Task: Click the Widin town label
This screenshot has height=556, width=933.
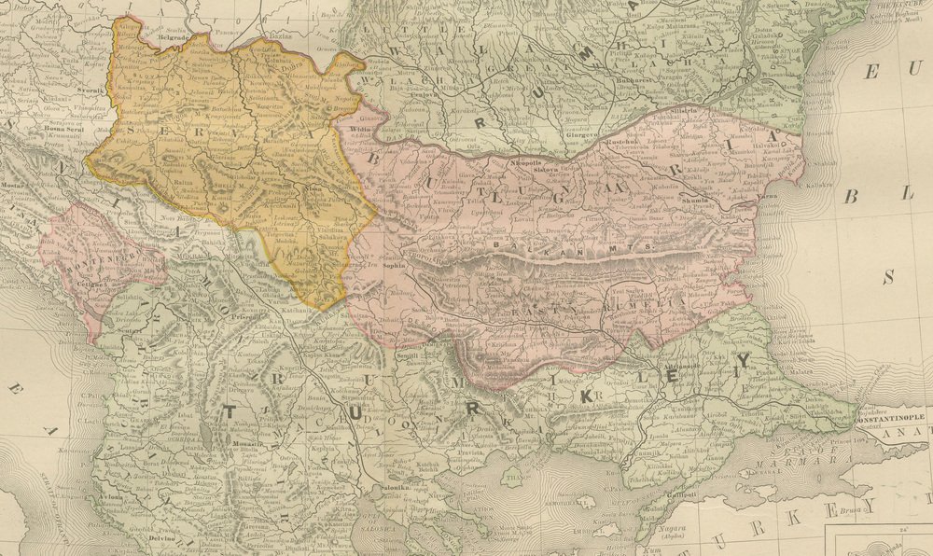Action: pos(347,128)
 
